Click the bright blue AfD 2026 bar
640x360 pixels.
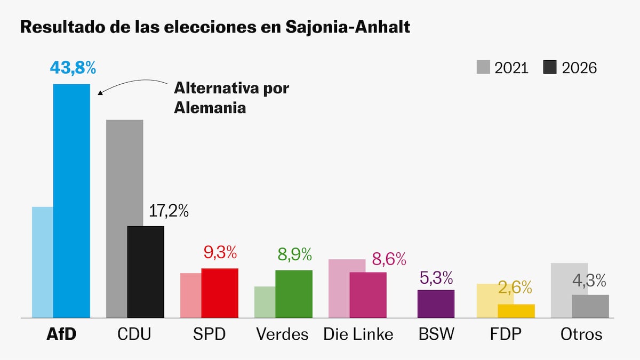pos(71,201)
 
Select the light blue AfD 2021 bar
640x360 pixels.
pos(43,262)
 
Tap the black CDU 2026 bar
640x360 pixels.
pos(146,272)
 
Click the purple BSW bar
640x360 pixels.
pos(436,304)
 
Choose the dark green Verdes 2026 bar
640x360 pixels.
pos(294,294)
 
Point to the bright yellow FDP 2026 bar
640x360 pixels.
pos(516,311)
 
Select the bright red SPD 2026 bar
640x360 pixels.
pos(220,293)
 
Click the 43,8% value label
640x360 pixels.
pos(73,68)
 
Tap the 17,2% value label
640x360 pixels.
pos(169,211)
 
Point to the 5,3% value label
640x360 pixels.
pos(436,278)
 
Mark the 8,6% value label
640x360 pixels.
pos(389,259)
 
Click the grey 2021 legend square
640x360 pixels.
pos(483,67)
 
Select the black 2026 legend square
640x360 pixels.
pos(550,67)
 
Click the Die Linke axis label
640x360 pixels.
pos(358,334)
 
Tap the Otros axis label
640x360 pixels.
pos(581,334)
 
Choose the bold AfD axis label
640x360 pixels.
pos(61,334)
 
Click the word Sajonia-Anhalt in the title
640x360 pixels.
pos(348,27)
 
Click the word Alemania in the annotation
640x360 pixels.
pos(210,108)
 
